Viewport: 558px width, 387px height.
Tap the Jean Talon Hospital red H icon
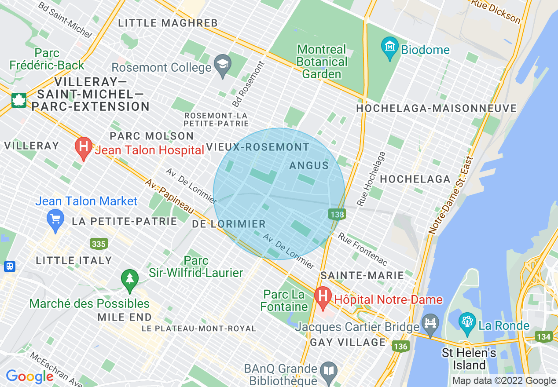click(83, 148)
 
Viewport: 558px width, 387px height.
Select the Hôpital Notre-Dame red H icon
click(323, 297)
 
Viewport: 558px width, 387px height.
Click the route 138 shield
click(337, 215)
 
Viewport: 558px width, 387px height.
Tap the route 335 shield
click(98, 244)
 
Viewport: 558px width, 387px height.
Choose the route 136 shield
click(400, 346)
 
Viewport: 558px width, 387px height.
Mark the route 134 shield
click(544, 337)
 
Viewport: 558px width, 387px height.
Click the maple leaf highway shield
click(19, 100)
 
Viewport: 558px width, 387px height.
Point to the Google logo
click(29, 376)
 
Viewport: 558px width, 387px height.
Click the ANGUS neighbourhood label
click(309, 165)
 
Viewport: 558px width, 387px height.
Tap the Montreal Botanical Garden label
click(322, 62)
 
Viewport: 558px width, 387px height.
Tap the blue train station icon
click(9, 266)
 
